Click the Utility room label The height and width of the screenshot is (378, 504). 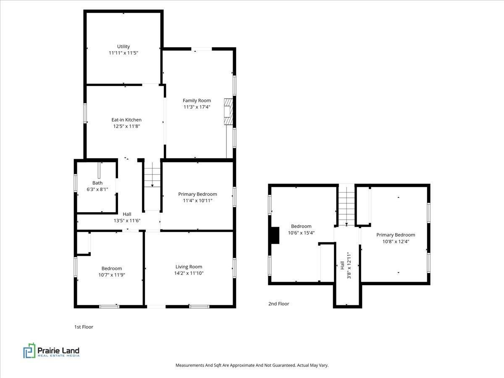coord(123,46)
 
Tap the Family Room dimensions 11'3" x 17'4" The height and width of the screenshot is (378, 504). coord(197,107)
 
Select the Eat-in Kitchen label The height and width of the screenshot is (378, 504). coord(126,120)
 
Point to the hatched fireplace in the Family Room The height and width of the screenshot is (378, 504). coord(228,112)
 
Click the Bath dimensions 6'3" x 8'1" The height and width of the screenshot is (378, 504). coord(97,189)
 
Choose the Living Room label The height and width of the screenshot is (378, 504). coord(189,267)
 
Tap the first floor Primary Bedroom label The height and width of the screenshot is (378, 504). coord(197,194)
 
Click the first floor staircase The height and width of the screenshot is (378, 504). coord(152,175)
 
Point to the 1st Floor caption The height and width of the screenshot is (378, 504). coord(84,327)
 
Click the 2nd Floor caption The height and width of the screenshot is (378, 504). coord(279,304)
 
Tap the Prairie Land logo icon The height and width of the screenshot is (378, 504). coord(29,350)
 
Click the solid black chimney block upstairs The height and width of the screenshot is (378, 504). coord(275,235)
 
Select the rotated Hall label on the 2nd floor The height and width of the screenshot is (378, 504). coord(342,265)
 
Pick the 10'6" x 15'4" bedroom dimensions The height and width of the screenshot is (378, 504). coord(301,233)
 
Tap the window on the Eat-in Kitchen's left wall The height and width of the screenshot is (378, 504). coord(85,113)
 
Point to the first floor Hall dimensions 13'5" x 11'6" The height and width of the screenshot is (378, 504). coord(127,221)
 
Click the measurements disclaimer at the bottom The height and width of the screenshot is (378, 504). coord(252,365)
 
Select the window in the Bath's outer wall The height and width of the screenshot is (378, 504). coord(75,183)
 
